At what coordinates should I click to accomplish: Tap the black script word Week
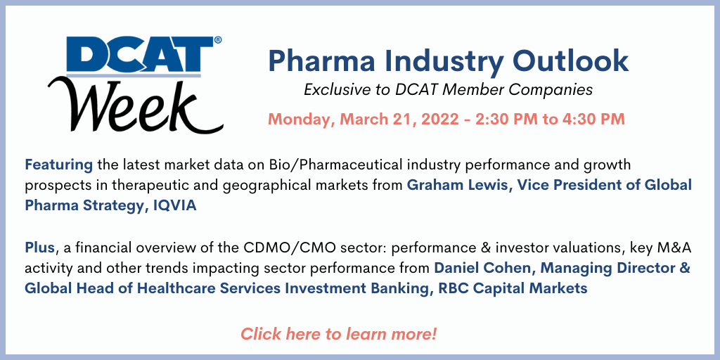click(135, 107)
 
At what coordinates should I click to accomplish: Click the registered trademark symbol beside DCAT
click(218, 40)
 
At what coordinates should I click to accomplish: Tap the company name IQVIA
click(173, 205)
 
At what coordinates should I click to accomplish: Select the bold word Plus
click(40, 249)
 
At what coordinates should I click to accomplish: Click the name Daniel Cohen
click(481, 268)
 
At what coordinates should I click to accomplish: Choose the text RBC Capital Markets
click(513, 289)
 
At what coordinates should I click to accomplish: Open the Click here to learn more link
click(338, 333)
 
